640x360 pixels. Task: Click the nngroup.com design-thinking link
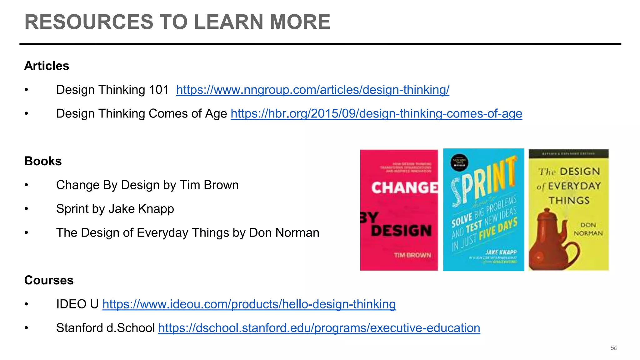(312, 90)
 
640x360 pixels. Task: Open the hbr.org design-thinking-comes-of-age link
(376, 114)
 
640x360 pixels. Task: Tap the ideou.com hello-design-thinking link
(249, 304)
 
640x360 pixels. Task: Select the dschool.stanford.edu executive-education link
(319, 328)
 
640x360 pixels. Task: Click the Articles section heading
(47, 66)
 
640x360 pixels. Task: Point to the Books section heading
(43, 161)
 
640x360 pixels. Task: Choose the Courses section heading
(49, 280)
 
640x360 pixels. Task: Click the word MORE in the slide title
(300, 22)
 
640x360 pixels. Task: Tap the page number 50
(614, 348)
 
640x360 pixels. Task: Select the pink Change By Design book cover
(399, 210)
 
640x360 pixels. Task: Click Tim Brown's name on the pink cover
(412, 255)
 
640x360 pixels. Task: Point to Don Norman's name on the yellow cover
(588, 229)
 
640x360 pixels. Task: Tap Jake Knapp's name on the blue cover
(501, 252)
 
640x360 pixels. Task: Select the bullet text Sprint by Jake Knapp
(115, 209)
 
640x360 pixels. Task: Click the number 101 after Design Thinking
(159, 90)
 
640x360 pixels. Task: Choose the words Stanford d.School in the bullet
(105, 328)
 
